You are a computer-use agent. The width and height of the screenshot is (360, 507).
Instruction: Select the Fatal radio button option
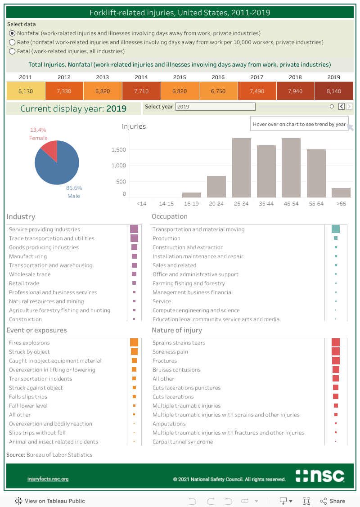(x=12, y=51)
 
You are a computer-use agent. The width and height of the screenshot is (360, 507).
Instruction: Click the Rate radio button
(x=12, y=42)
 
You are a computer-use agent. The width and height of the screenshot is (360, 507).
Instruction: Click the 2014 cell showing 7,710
(x=141, y=91)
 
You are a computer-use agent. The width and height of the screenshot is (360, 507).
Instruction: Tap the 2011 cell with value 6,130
(x=26, y=91)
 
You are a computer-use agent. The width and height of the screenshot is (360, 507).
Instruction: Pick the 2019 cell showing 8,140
(x=333, y=91)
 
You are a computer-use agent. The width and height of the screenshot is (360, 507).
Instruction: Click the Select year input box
(x=215, y=107)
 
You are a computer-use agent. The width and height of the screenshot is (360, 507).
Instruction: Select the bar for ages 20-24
(x=216, y=186)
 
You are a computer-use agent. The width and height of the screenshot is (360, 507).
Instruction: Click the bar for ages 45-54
(x=291, y=167)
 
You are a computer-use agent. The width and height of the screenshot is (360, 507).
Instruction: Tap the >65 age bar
(x=341, y=193)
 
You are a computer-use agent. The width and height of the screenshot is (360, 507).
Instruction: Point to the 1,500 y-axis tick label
(x=119, y=150)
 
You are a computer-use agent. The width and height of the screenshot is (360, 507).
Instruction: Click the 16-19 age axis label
(x=191, y=204)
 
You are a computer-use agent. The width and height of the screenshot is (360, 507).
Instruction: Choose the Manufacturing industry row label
(x=28, y=256)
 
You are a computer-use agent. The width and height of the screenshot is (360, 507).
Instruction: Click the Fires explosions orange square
(x=134, y=343)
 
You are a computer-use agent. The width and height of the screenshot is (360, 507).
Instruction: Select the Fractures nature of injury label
(x=165, y=361)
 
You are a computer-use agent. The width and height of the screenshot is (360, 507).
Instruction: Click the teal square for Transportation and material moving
(x=335, y=229)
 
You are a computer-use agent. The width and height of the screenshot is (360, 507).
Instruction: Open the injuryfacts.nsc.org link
(x=48, y=479)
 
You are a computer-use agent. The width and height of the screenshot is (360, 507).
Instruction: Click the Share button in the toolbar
(x=333, y=501)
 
